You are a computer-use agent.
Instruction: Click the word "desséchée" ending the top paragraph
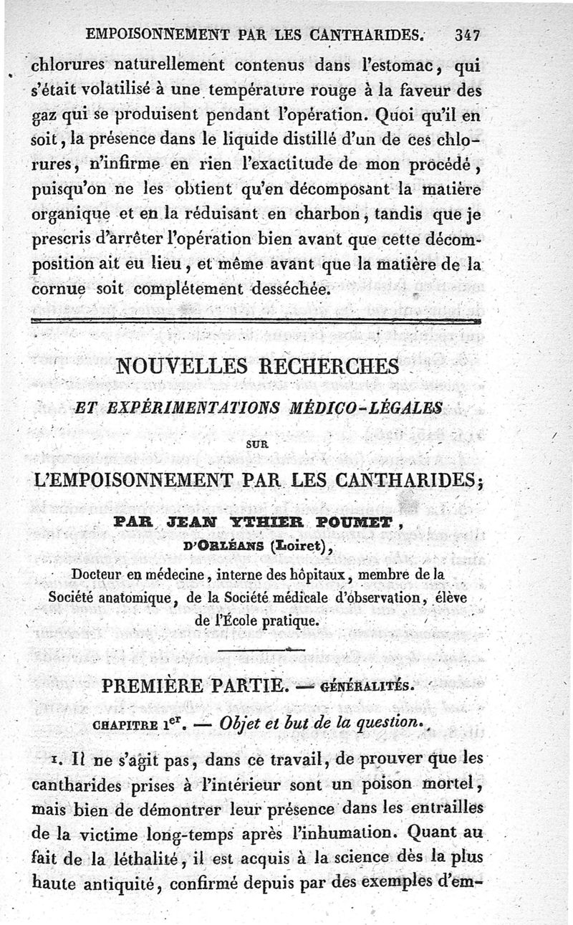click(288, 289)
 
